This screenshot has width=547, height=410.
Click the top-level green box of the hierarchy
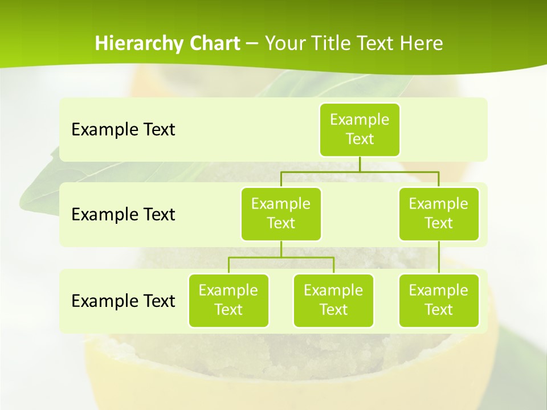pyautogui.click(x=360, y=129)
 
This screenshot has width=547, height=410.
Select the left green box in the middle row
pyautogui.click(x=281, y=214)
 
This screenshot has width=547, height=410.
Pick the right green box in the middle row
pyautogui.click(x=439, y=214)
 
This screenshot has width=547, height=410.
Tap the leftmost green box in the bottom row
pyautogui.click(x=228, y=300)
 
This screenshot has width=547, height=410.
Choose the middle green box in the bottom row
pyautogui.click(x=333, y=300)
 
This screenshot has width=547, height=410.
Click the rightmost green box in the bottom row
pyautogui.click(x=439, y=300)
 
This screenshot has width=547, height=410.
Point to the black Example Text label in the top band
pyautogui.click(x=123, y=130)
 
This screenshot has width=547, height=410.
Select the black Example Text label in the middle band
pyautogui.click(x=123, y=215)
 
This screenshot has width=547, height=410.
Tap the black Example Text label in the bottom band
pyautogui.click(x=123, y=301)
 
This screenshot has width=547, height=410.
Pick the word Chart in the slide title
pyautogui.click(x=213, y=44)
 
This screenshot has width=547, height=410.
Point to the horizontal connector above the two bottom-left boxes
pyautogui.click(x=281, y=257)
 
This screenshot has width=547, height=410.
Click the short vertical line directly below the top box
pyautogui.click(x=360, y=164)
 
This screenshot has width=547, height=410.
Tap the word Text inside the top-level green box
pyautogui.click(x=360, y=140)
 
